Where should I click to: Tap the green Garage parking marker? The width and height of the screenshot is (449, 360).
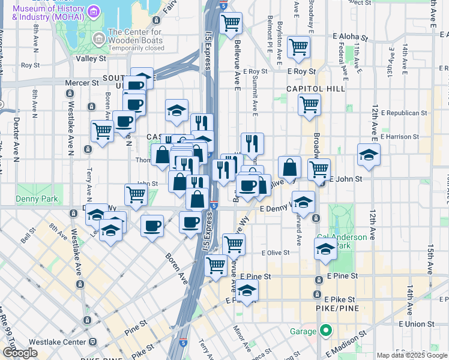(x=326, y=331)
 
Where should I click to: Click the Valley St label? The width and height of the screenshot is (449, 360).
(x=91, y=59)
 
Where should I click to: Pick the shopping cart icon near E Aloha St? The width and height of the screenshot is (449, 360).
(x=298, y=47)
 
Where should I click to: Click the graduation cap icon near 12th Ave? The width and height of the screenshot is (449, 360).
(x=369, y=155)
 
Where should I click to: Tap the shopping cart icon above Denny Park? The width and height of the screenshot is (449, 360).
(x=136, y=194)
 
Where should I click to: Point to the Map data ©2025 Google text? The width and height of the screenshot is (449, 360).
(x=411, y=355)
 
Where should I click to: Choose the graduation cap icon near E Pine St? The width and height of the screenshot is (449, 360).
(x=246, y=292)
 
